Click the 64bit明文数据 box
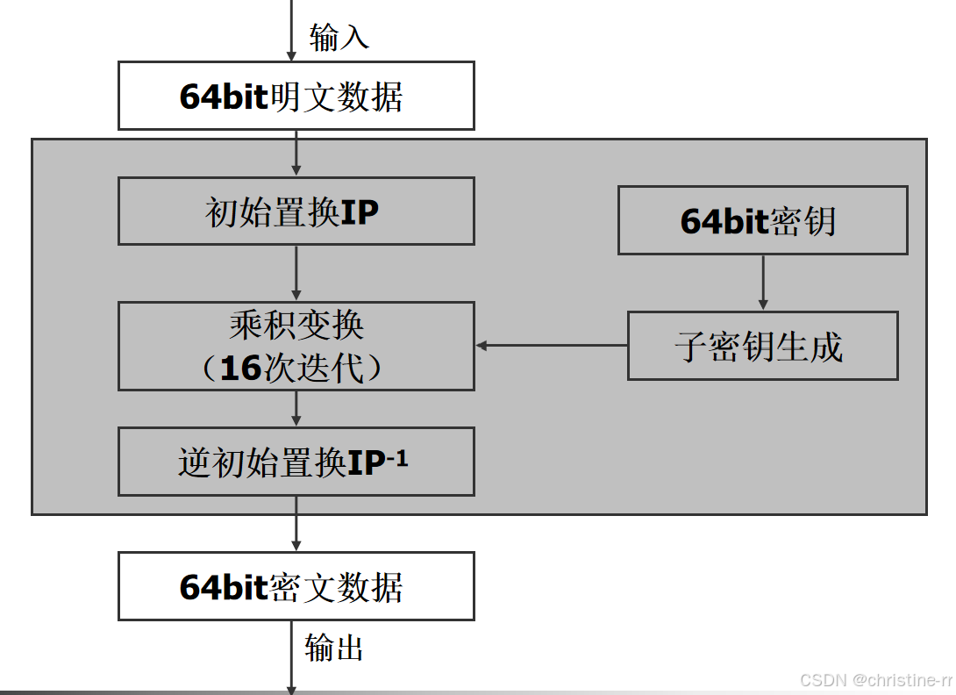(296, 96)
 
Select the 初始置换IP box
(296, 211)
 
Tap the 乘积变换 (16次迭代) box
(296, 347)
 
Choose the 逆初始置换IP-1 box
(296, 462)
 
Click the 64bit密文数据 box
(296, 586)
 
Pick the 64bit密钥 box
(762, 220)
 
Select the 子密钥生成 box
(762, 346)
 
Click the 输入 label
(339, 37)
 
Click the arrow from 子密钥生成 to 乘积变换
(552, 346)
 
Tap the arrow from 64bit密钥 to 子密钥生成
(762, 283)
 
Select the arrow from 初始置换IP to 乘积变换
(296, 273)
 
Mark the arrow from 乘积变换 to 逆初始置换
(296, 409)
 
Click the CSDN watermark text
(875, 681)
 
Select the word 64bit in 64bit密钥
(724, 221)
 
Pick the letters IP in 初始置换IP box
(360, 211)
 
